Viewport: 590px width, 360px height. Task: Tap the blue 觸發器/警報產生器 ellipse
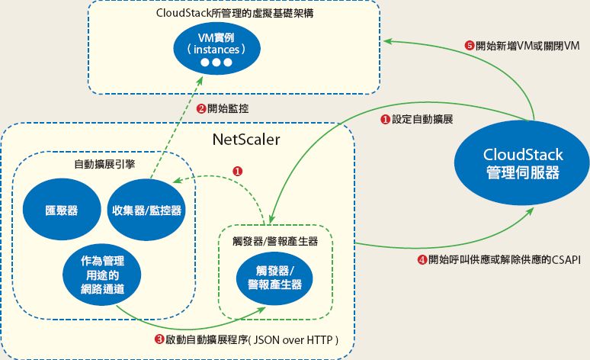[x=274, y=277]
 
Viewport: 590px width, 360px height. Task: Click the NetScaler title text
[x=245, y=140]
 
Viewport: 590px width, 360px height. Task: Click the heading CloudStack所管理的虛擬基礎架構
[x=218, y=14]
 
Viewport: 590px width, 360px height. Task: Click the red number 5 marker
[x=469, y=45]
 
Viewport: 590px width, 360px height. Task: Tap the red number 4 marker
[x=422, y=259]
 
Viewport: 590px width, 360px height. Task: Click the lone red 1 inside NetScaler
[x=237, y=172]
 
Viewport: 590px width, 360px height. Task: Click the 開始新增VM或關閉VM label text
[x=527, y=45]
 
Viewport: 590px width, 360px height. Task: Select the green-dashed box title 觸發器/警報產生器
[x=274, y=240]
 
